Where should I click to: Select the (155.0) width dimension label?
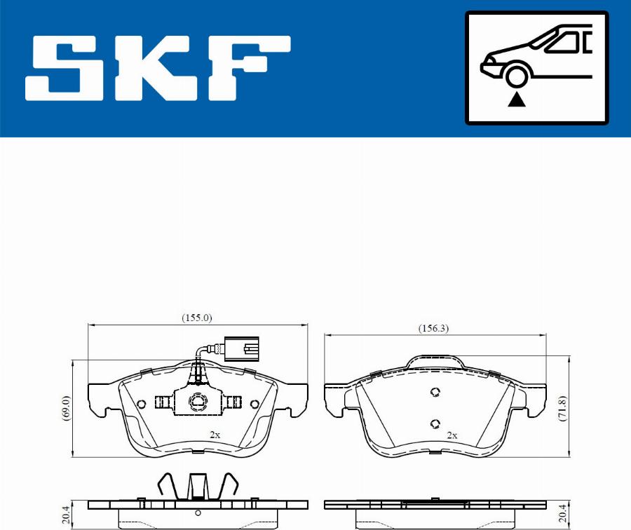(197, 318)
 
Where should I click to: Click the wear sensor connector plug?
(241, 348)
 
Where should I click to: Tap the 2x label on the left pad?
(215, 435)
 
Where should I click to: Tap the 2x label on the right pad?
(452, 435)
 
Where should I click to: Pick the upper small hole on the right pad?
(434, 393)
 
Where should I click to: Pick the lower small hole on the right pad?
(434, 423)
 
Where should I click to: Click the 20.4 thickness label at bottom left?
(67, 516)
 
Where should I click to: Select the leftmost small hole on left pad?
(141, 403)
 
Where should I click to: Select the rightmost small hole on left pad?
(254, 403)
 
